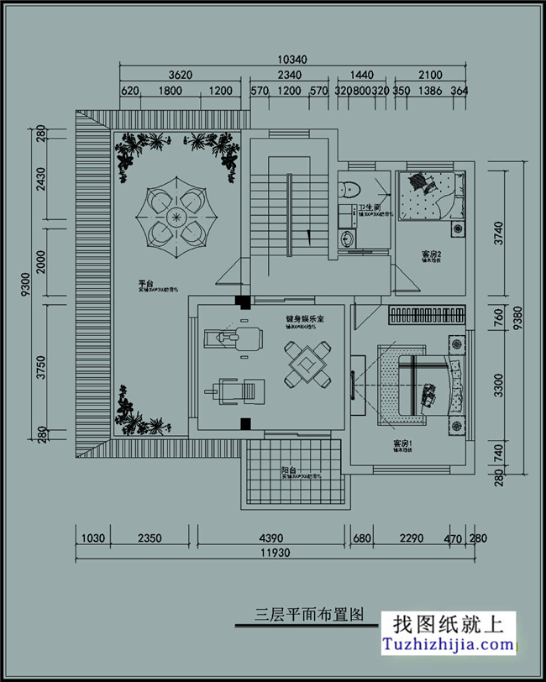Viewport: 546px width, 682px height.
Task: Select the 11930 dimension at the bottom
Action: (277, 552)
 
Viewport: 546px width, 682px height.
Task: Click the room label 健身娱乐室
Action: (303, 320)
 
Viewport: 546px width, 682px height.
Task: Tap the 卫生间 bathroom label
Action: (371, 207)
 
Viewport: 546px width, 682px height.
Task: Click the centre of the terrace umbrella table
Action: (177, 217)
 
